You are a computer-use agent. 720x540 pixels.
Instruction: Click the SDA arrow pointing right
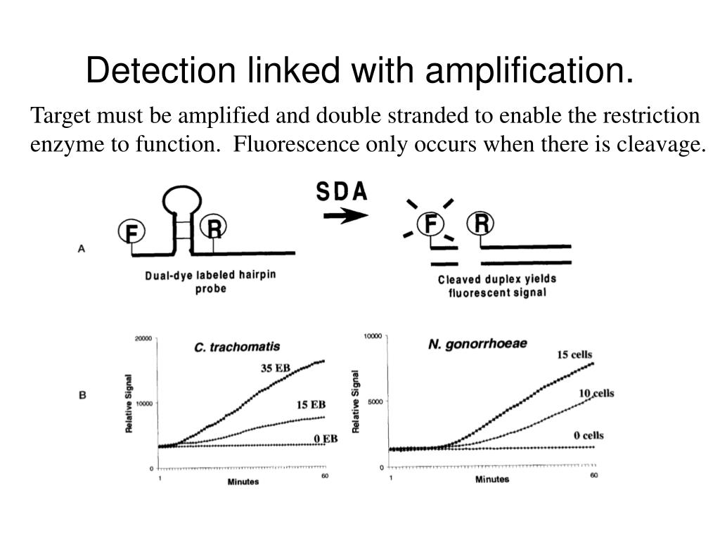click(345, 216)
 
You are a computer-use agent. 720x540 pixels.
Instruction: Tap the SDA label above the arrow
click(342, 192)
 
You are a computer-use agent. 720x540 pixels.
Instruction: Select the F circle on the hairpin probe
click(131, 231)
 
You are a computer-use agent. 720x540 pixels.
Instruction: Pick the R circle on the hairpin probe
click(213, 228)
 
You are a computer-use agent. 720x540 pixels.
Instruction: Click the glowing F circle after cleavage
click(430, 224)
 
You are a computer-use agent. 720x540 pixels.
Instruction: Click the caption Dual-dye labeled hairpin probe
click(210, 281)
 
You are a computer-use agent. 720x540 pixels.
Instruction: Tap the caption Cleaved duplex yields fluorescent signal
click(496, 285)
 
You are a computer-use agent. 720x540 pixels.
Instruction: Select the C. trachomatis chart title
click(237, 347)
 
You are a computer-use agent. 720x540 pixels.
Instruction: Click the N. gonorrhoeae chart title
click(478, 345)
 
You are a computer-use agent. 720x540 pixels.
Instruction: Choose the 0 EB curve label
click(326, 439)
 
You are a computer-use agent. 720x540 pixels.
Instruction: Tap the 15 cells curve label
click(575, 354)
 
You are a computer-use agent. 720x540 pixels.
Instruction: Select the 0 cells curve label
click(589, 435)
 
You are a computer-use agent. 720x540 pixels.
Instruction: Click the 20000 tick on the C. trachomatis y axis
click(143, 338)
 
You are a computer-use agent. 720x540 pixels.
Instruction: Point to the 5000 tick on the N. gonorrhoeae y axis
click(375, 401)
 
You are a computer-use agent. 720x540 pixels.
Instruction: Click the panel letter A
click(82, 247)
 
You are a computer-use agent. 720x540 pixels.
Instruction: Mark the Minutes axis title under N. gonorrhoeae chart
click(491, 480)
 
